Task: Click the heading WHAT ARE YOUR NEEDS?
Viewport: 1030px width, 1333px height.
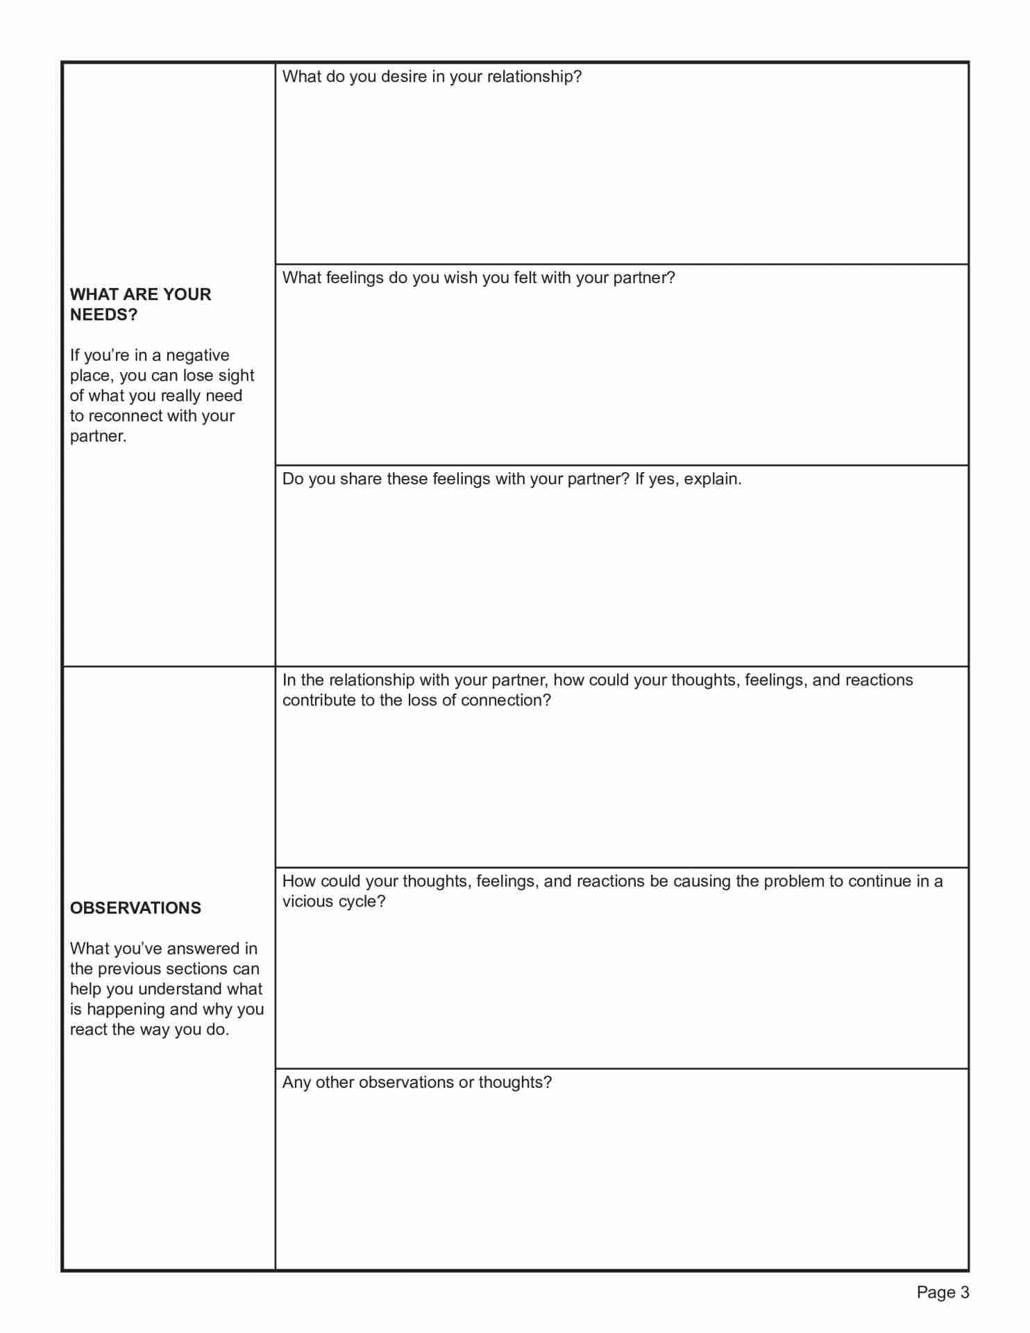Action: pyautogui.click(x=140, y=304)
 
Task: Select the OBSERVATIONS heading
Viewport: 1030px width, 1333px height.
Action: pyautogui.click(x=135, y=907)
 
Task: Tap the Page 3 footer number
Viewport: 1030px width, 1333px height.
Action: pyautogui.click(x=943, y=1292)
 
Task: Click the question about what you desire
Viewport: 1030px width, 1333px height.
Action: pyautogui.click(x=432, y=76)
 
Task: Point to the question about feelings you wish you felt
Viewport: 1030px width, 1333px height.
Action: pyautogui.click(x=478, y=278)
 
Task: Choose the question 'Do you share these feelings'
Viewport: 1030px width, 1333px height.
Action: pyautogui.click(x=512, y=479)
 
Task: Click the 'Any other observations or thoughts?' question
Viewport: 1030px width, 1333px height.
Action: pyautogui.click(x=416, y=1082)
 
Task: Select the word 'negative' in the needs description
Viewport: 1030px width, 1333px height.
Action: pyautogui.click(x=197, y=355)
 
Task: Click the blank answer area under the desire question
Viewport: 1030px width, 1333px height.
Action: pyautogui.click(x=621, y=174)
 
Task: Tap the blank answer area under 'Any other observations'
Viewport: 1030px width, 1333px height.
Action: pyautogui.click(x=621, y=1180)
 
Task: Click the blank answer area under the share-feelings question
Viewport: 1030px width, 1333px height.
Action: pyautogui.click(x=621, y=576)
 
